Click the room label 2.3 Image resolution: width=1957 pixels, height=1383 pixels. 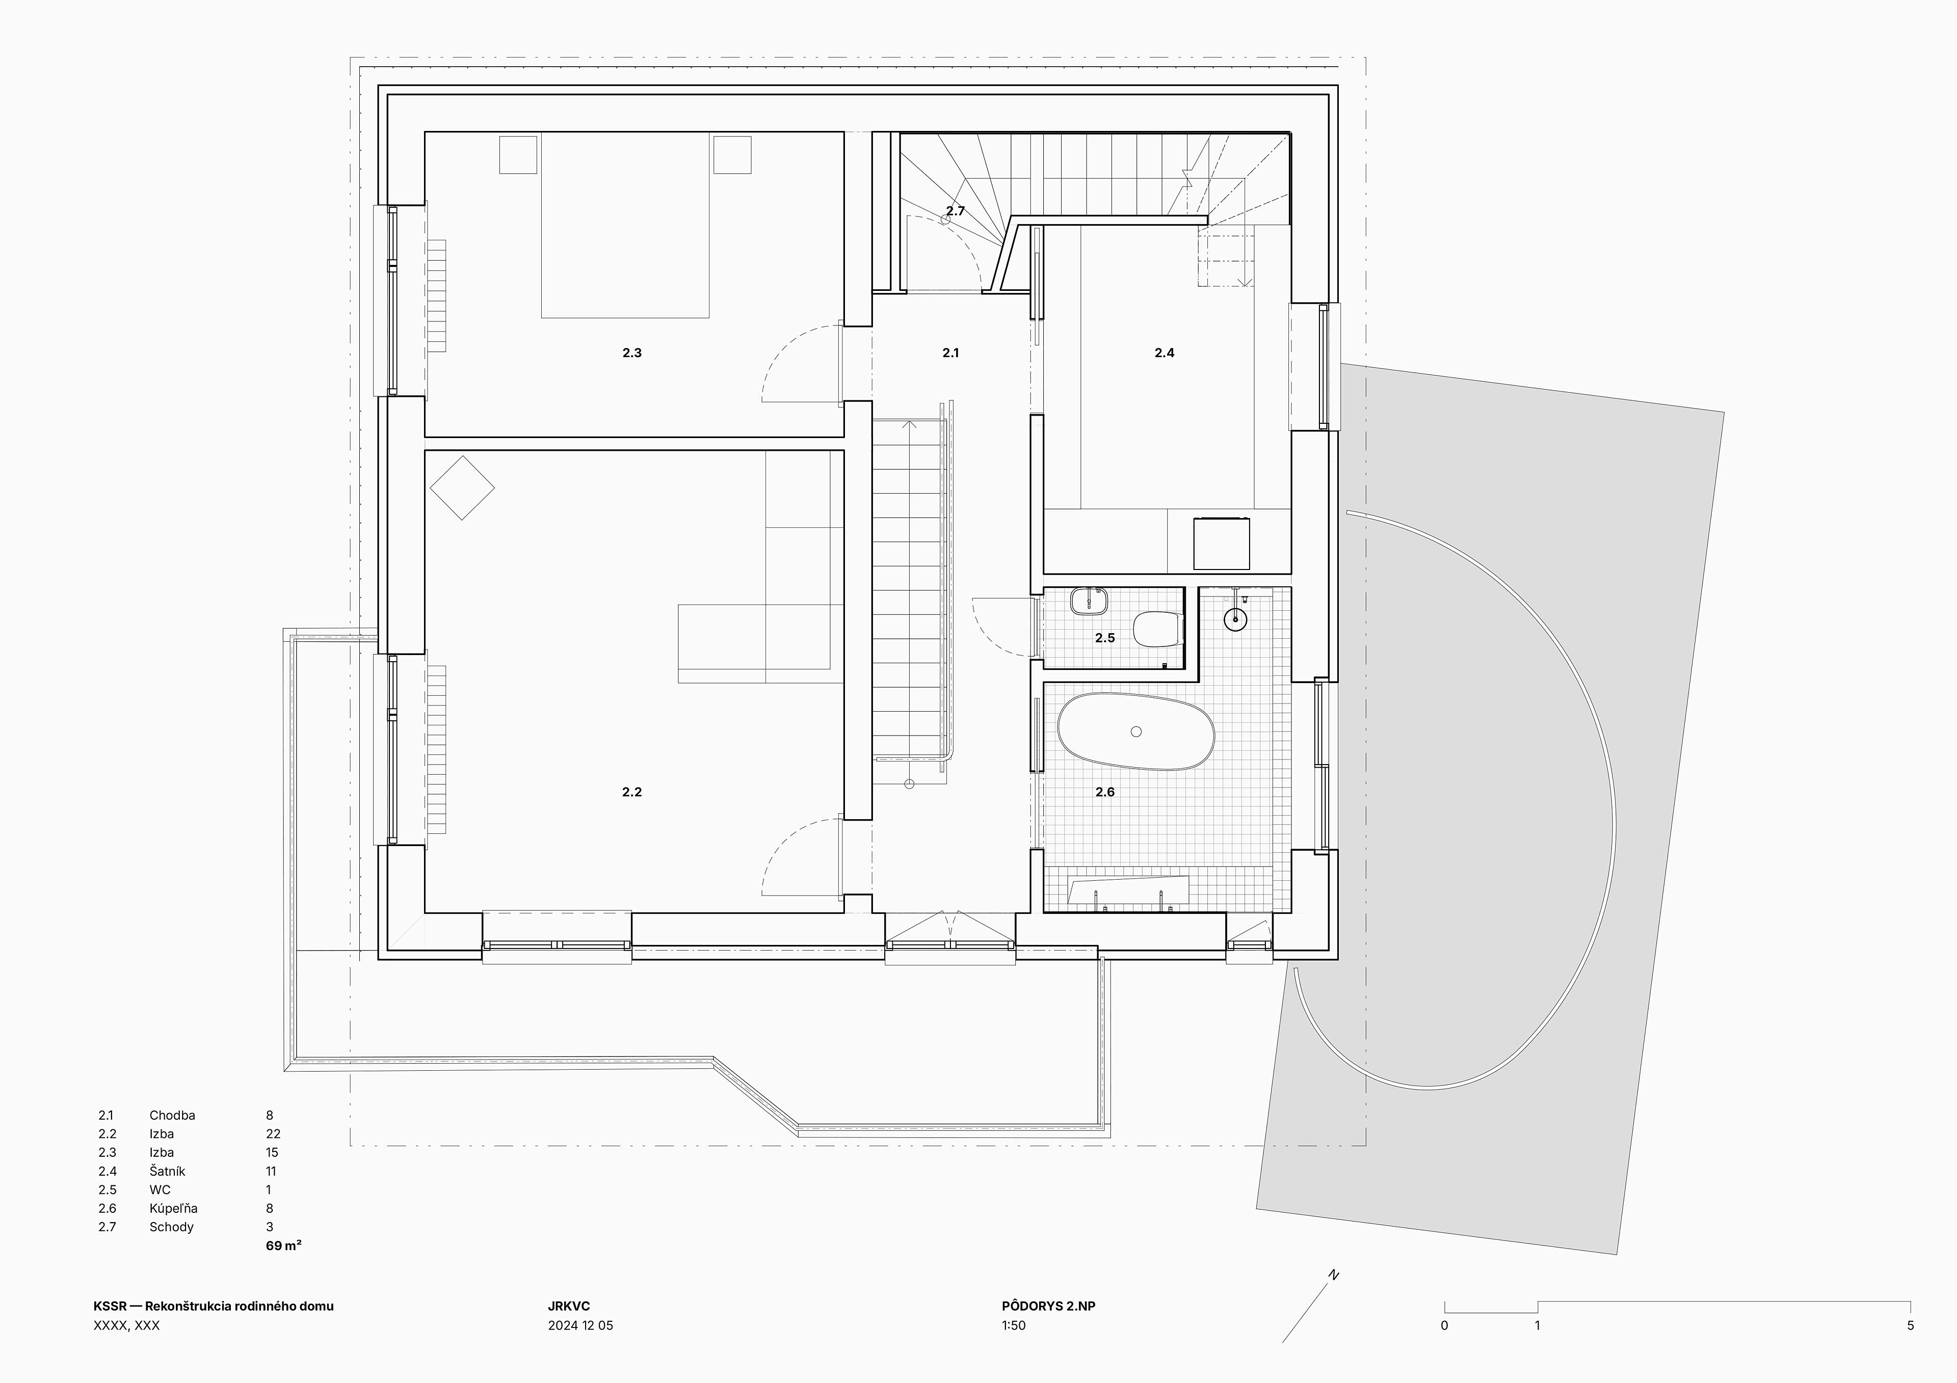point(631,353)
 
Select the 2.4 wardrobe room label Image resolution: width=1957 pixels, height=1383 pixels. point(1165,353)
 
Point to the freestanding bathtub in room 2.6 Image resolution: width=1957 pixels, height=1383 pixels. point(1136,731)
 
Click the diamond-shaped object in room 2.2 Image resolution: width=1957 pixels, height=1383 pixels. point(462,487)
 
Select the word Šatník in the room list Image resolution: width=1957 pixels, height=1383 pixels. point(167,1171)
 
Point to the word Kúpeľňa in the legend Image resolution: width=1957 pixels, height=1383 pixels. point(173,1208)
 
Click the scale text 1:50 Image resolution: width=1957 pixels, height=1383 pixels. point(1014,1325)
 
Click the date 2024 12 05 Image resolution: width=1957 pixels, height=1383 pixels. point(580,1325)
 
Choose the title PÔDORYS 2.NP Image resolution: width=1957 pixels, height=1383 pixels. point(1048,1306)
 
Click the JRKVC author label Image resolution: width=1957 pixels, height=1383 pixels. point(569,1306)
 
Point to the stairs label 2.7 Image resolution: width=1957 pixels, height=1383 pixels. point(956,210)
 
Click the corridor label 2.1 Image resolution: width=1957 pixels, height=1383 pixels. point(950,353)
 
